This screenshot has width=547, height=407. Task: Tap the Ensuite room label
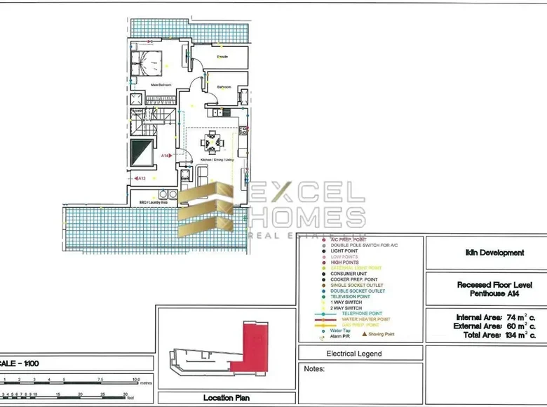pyautogui.click(x=222, y=56)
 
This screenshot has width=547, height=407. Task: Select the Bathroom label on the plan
pyautogui.click(x=224, y=87)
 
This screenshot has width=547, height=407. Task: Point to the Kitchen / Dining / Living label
pyautogui.click(x=215, y=161)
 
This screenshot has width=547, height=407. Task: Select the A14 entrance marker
pyautogui.click(x=166, y=155)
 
